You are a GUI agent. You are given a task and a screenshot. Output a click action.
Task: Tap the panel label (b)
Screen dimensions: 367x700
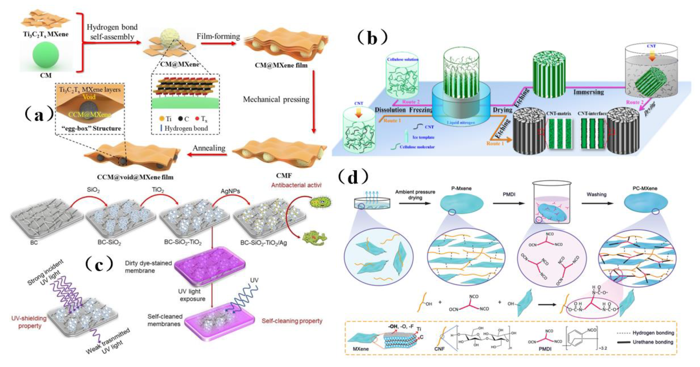[x=372, y=37]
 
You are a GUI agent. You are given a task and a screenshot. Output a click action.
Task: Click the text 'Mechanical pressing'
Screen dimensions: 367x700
[x=276, y=99]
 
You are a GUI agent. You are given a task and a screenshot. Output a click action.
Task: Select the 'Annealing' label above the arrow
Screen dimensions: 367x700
[x=209, y=148]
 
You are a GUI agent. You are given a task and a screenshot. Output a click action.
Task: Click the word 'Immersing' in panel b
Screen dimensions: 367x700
[x=589, y=92]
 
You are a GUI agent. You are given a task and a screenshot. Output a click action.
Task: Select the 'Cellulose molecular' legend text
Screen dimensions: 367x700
[x=417, y=147]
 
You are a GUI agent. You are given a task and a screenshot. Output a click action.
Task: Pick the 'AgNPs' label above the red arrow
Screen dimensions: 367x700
[x=230, y=191]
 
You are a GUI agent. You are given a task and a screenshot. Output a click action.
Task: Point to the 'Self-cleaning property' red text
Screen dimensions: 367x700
[x=292, y=321]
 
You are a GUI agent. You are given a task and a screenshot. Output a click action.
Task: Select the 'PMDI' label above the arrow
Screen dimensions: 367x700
[x=509, y=194]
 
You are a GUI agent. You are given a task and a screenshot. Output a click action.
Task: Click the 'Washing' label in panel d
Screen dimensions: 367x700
[x=596, y=194]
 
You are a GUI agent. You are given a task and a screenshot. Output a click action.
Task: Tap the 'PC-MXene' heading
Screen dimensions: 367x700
[x=645, y=188]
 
